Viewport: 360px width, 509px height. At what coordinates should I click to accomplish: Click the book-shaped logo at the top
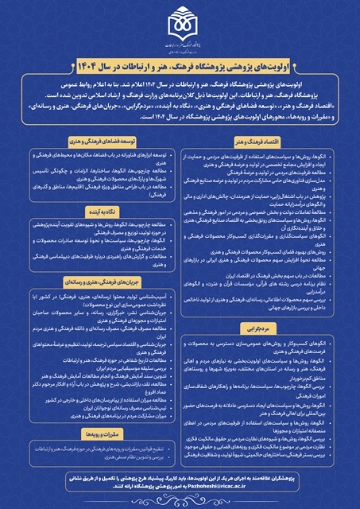point(179,24)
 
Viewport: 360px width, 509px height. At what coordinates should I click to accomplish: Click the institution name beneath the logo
point(179,46)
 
